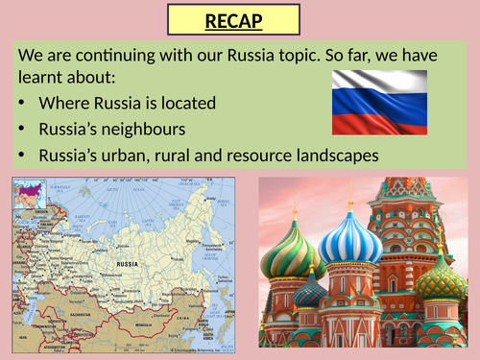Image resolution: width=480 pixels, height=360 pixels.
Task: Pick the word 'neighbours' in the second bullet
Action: pos(151,128)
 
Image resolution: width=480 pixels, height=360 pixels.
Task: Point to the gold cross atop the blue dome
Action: pos(350,203)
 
